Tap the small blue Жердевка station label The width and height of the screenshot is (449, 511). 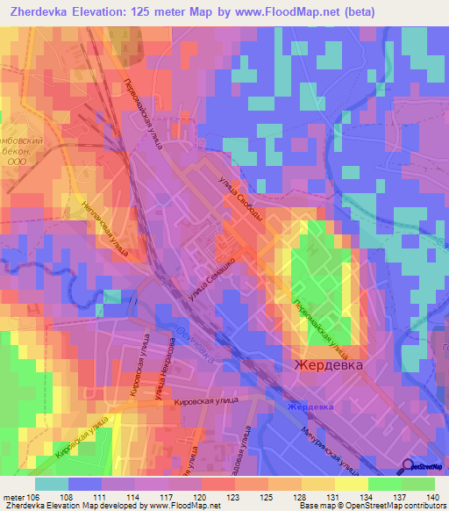pos(311,407)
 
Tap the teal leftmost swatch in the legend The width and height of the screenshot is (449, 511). pos(52,484)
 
